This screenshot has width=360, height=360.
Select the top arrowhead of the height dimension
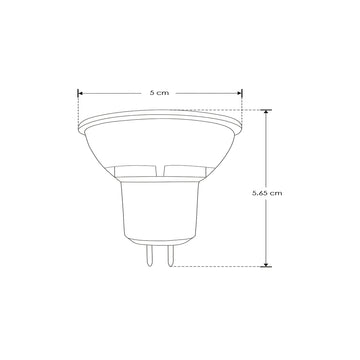[x=265, y=112]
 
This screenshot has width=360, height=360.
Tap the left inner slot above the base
[x=139, y=170]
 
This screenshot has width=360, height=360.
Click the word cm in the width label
[x=162, y=91]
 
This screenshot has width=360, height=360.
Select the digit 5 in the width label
[x=150, y=91]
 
